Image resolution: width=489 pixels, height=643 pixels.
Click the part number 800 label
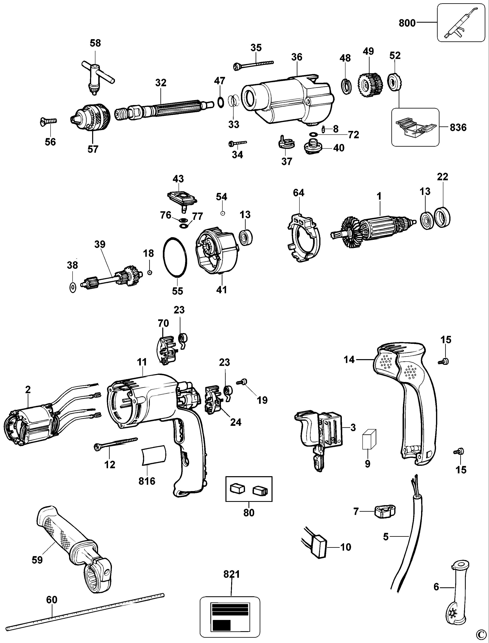click(407, 23)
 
